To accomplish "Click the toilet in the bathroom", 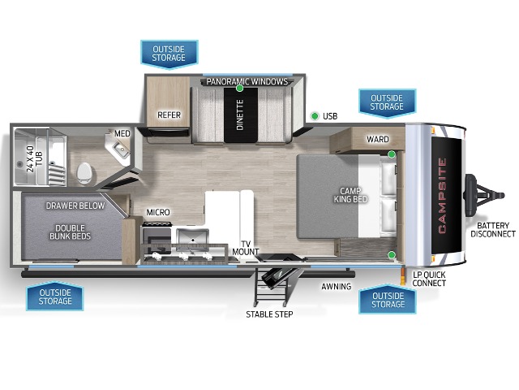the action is coord(84,173).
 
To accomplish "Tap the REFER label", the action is coord(169,115).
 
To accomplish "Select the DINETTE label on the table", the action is coord(240,115).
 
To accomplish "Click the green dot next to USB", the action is coord(315,116).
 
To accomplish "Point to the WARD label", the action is coord(378,139).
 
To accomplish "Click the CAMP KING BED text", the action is coord(350,195).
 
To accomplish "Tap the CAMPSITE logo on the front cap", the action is coord(442,196).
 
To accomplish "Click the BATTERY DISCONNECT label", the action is coord(493,230).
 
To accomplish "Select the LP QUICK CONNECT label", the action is coord(429,279).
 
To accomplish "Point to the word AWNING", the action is coord(337,286).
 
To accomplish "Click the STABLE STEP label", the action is coord(269,314).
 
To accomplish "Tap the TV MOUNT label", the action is coord(245,248).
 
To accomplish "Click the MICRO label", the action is coord(158,212).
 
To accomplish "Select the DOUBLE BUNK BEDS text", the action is coord(70,232).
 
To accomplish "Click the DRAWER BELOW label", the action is coord(75,206).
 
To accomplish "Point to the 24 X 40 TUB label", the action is coord(34,159).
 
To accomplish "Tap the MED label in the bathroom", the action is coord(122,133).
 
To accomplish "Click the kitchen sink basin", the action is coord(192,236).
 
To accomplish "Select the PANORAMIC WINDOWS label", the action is coord(247,81).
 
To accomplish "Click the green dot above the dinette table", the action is coord(240,89).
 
